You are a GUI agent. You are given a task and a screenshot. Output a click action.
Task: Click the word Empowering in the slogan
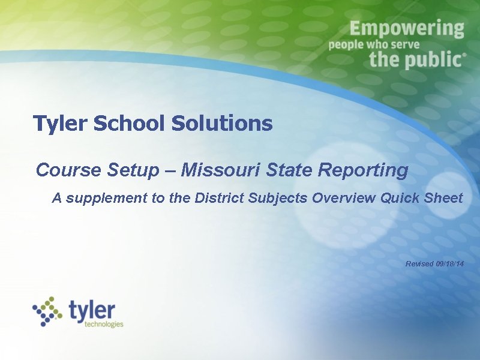click(x=407, y=29)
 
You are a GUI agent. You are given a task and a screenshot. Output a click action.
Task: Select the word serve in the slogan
click(x=403, y=44)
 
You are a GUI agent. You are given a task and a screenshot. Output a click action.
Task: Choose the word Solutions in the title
click(x=221, y=124)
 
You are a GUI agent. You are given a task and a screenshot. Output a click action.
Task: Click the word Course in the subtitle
click(x=69, y=170)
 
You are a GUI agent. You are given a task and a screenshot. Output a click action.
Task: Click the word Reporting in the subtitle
click(x=363, y=170)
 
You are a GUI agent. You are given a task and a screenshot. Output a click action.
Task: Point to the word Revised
click(x=419, y=264)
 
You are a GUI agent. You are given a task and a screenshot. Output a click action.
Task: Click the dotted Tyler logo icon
click(x=47, y=310)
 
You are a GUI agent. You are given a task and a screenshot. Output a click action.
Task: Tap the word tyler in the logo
click(x=91, y=310)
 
